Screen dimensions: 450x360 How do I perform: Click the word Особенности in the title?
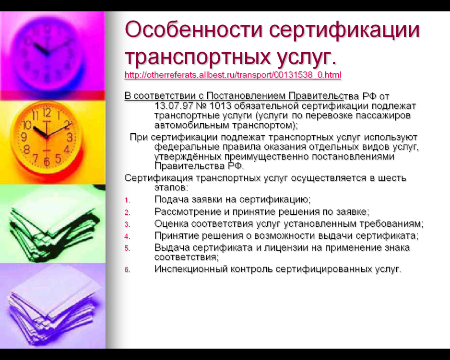(194, 29)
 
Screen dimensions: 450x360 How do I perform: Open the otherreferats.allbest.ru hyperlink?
(233, 75)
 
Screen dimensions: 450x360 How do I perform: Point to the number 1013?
(220, 106)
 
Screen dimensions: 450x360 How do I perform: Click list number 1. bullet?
(128, 200)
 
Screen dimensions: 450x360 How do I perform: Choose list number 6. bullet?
(128, 270)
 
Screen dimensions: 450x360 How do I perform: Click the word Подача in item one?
(171, 199)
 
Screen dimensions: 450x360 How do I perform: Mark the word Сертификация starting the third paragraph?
(159, 178)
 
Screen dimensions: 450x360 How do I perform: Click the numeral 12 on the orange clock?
(47, 113)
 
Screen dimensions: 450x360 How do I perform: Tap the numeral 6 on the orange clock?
(47, 162)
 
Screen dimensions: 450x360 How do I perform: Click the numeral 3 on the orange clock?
(70, 137)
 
